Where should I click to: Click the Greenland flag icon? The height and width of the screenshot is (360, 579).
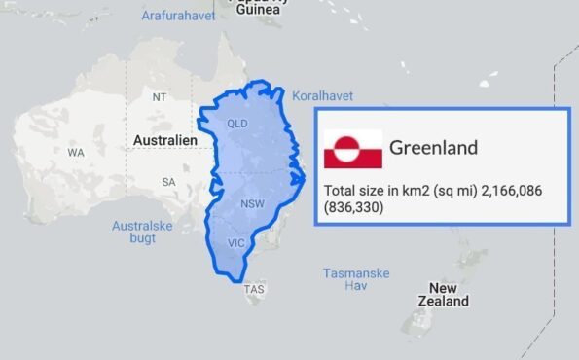pyautogui.click(x=352, y=149)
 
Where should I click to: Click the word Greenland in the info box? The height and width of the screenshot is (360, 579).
pyautogui.click(x=433, y=148)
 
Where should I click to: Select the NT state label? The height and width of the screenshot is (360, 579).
pyautogui.click(x=160, y=96)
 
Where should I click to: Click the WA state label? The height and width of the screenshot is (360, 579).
pyautogui.click(x=76, y=153)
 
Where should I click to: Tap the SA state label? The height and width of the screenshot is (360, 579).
pyautogui.click(x=168, y=182)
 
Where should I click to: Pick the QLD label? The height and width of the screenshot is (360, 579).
pyautogui.click(x=237, y=124)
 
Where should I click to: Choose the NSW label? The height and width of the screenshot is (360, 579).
pyautogui.click(x=252, y=203)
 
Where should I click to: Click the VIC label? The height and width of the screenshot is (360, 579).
pyautogui.click(x=235, y=243)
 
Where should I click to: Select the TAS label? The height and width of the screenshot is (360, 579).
pyautogui.click(x=254, y=289)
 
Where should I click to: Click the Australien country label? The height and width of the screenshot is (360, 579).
pyautogui.click(x=164, y=141)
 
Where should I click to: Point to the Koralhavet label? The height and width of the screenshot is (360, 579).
pyautogui.click(x=322, y=96)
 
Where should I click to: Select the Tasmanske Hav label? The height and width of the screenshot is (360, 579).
pyautogui.click(x=356, y=279)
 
